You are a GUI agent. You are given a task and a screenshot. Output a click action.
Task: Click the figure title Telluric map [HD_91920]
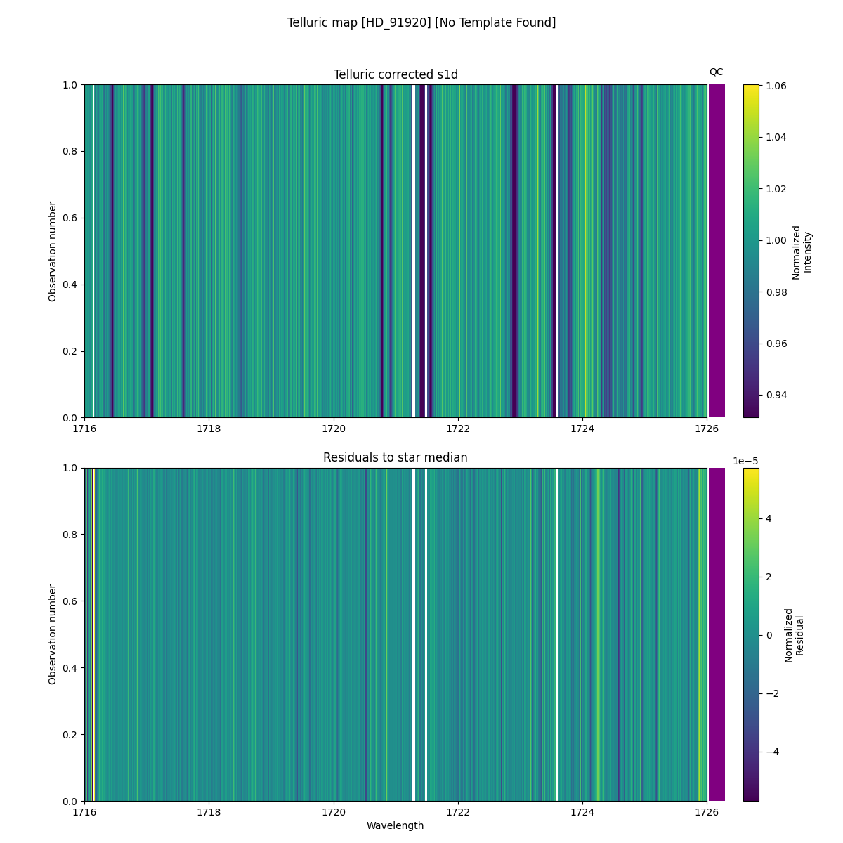point(421,22)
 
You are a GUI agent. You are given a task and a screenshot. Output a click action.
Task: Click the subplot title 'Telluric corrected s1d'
point(396,74)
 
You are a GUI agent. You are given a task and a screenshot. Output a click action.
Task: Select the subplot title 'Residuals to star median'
point(396,457)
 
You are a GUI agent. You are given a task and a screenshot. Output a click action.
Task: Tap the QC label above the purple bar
point(716,72)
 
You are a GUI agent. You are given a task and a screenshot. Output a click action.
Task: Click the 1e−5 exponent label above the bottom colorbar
point(745,461)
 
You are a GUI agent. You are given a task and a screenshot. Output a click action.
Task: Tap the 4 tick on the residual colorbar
point(769,518)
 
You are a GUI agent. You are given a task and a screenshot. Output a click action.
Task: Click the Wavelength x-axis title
point(396,825)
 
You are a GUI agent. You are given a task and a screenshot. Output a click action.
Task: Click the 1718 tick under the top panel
point(209,429)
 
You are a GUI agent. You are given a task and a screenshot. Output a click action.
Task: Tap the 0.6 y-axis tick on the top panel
point(70,218)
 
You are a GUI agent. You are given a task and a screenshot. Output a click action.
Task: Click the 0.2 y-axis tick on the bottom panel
point(70,734)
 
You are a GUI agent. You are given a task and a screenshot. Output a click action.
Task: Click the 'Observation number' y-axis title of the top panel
point(53,251)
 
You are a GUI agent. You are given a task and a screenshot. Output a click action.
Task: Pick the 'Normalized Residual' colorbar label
point(794,634)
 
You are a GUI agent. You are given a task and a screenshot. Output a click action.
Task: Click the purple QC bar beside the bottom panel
point(717,634)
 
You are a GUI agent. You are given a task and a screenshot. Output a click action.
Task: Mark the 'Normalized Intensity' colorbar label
point(802,251)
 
